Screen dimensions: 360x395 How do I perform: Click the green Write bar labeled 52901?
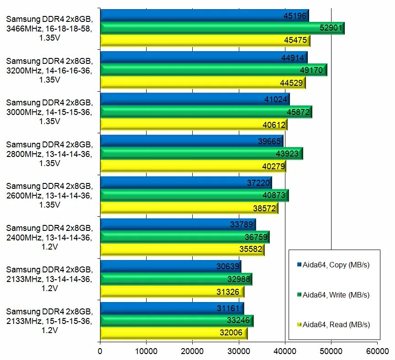[222, 28]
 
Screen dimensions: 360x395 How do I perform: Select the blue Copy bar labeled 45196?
[204, 16]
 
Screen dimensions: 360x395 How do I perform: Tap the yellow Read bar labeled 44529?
[203, 83]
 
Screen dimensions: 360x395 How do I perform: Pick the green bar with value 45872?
[206, 112]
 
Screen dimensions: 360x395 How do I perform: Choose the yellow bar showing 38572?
[189, 208]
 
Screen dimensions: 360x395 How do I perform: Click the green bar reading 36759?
[184, 237]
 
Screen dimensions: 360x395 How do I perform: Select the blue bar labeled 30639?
[170, 266]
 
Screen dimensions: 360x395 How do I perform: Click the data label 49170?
[310, 70]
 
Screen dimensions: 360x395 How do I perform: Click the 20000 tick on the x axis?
[192, 351]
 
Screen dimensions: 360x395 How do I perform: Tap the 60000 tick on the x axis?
[377, 351]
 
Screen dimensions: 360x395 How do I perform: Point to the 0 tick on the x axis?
[100, 351]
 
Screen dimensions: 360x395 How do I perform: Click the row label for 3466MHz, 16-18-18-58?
[49, 28]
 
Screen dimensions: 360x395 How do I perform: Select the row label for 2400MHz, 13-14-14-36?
[49, 237]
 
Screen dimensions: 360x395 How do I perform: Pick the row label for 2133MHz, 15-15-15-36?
[49, 321]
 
